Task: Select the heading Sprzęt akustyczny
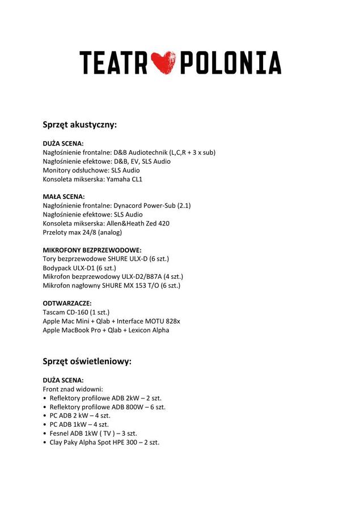80,124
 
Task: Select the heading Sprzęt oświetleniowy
87,361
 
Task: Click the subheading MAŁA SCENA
63,197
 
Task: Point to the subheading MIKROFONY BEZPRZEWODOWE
92,250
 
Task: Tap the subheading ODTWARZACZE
67,303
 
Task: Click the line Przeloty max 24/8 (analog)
82,232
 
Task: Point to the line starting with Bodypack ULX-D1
79,268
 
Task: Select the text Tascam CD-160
65,312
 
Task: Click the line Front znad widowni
73,389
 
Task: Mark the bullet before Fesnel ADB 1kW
45,433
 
